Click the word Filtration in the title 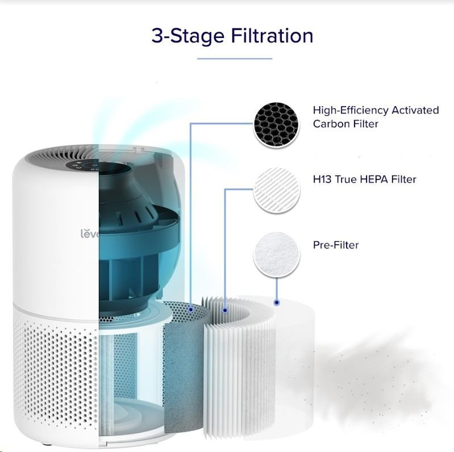point(272,36)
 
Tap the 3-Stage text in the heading point(188,36)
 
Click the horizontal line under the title point(235,58)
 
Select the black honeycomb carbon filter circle point(276,124)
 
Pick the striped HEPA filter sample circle point(277,190)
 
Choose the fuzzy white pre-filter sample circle point(277,254)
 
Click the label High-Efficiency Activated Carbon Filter point(376,117)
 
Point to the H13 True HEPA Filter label point(365,179)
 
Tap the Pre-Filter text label point(336,245)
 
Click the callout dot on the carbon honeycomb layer point(190,309)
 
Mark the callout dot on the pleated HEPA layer point(225,311)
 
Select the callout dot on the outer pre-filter point(277,303)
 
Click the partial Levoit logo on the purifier point(90,233)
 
